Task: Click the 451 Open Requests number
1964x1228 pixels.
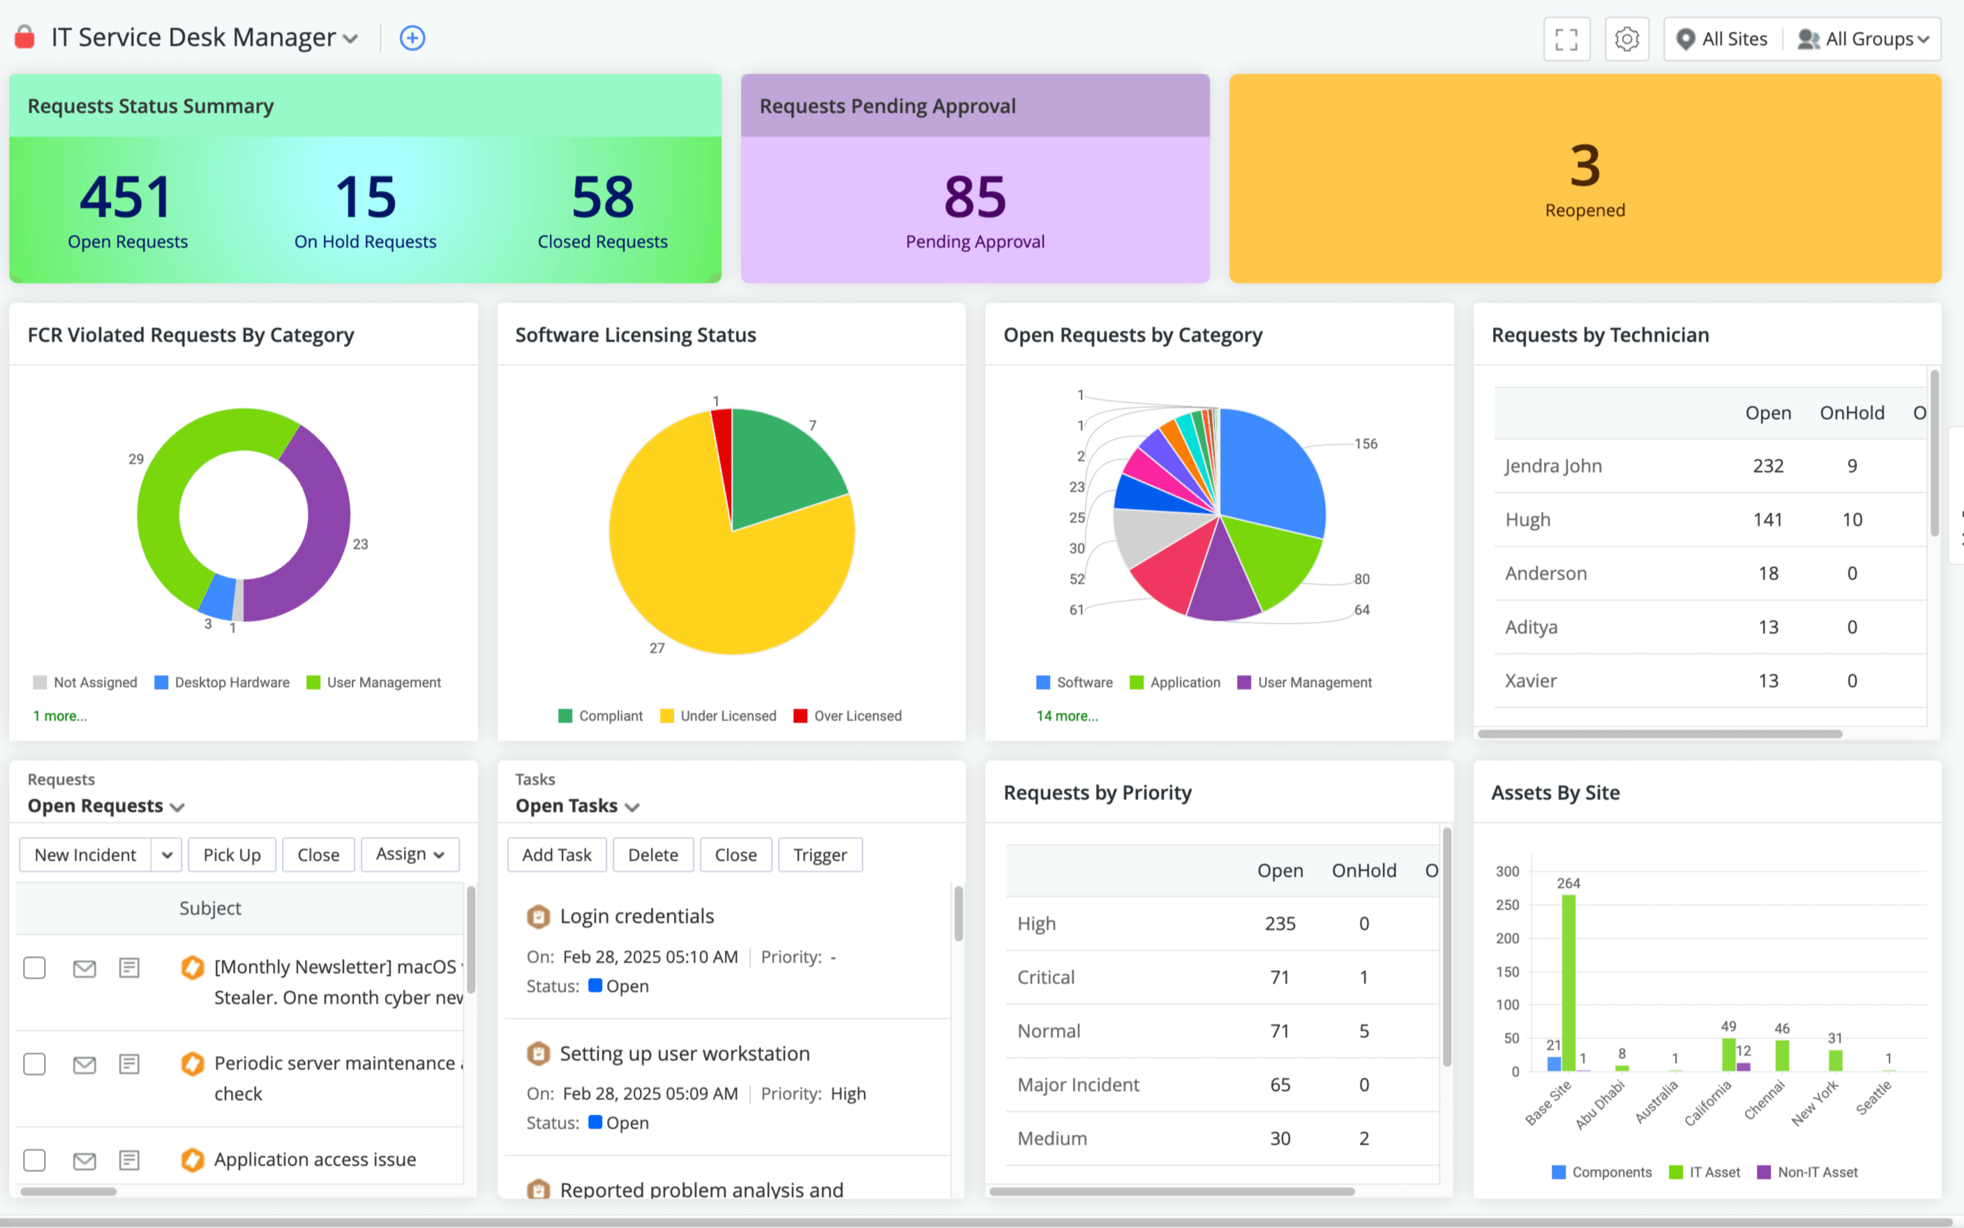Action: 126,197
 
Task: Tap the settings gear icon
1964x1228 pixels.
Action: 1626,39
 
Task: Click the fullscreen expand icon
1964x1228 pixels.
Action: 1566,39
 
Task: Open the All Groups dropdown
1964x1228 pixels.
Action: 1864,39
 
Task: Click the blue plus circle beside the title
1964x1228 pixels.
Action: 412,38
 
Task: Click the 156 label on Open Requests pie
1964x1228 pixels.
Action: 1365,444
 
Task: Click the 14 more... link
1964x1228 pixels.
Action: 1067,716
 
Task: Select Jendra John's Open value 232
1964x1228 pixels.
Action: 1767,466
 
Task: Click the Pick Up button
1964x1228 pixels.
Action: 232,855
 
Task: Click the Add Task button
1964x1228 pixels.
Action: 557,855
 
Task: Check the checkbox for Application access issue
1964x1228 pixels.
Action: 34,1160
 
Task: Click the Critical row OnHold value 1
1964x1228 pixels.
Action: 1363,977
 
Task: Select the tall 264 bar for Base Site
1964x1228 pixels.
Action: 1568,982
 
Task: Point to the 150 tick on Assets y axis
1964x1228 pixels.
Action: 1507,971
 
